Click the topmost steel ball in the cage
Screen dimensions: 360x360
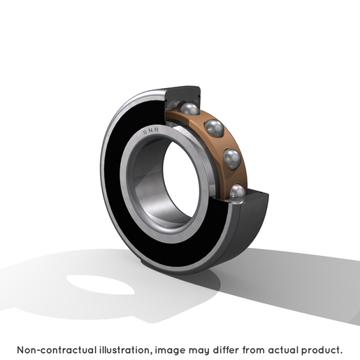coord(190,108)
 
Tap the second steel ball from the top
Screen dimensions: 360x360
coord(214,128)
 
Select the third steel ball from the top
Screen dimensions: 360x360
coord(232,159)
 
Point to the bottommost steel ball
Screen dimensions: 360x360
coord(238,192)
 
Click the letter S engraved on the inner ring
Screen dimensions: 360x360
coord(145,132)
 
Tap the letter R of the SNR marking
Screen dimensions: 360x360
coord(157,129)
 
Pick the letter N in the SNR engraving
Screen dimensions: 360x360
coord(151,131)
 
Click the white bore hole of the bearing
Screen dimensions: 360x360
coord(181,180)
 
